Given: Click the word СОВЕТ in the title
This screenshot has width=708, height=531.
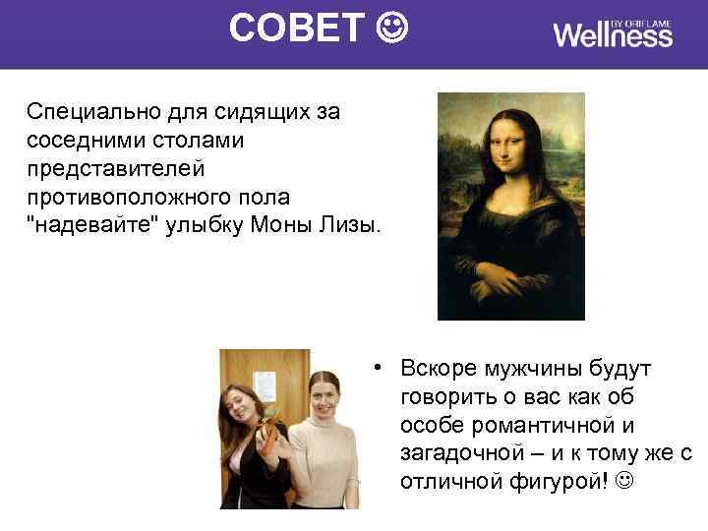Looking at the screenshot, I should coord(297,29).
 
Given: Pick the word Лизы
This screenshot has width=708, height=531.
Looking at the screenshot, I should coord(352,226).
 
